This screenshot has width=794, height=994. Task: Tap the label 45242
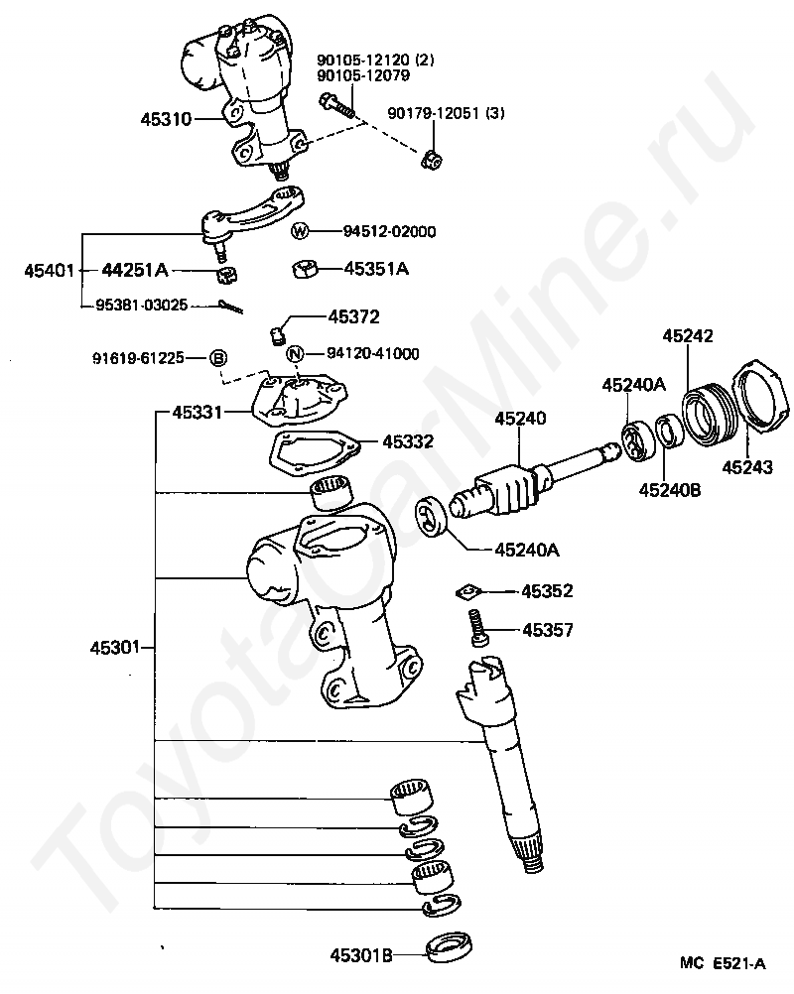[x=689, y=337]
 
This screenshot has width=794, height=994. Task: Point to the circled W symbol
[x=301, y=231]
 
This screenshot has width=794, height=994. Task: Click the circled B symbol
[x=218, y=358]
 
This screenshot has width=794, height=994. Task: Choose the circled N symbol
[x=294, y=353]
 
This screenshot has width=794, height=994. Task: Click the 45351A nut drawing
[x=307, y=268]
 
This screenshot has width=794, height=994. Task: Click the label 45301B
[x=363, y=956]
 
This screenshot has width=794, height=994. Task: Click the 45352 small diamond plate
[x=466, y=592]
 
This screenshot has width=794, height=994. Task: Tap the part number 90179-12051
[x=446, y=113]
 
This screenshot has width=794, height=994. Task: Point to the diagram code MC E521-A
[x=722, y=962]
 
